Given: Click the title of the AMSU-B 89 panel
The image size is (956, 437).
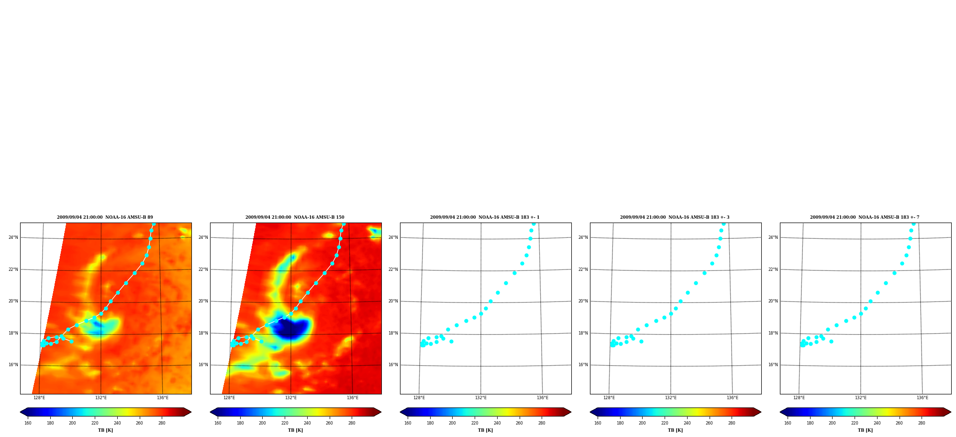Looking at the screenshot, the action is click(105, 217).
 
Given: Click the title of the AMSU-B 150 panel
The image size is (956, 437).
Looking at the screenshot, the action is click(295, 217).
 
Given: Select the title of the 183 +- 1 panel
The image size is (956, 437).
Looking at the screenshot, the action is click(485, 217).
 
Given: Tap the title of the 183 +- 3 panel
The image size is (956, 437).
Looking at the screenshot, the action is click(675, 217).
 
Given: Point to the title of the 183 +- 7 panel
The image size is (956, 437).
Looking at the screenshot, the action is click(865, 217).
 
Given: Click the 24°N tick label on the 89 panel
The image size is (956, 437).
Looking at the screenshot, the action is click(13, 237).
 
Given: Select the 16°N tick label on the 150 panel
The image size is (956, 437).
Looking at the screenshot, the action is click(203, 365).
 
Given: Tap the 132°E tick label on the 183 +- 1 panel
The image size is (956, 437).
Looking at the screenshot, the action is click(481, 398).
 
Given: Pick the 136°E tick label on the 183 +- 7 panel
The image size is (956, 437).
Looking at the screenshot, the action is click(923, 398).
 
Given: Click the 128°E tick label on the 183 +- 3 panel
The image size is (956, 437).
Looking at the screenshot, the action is click(609, 398).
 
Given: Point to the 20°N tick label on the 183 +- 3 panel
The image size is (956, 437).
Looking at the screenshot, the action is click(583, 301).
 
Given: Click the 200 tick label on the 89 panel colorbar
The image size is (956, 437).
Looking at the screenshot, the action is click(72, 423).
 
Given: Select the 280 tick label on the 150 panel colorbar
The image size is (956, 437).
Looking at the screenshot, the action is click(352, 423).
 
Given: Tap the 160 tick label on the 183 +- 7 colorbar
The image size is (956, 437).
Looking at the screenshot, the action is click(788, 423).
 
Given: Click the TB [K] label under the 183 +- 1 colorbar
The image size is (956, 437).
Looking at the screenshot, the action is click(485, 430).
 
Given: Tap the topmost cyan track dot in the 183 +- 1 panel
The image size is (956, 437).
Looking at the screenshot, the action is click(534, 224).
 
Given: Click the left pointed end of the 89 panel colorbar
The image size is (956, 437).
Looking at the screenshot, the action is click(21, 412).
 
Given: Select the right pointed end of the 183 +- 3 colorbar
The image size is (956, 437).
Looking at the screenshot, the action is click(760, 412).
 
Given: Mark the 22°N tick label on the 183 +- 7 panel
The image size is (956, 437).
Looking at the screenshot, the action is click(773, 269).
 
